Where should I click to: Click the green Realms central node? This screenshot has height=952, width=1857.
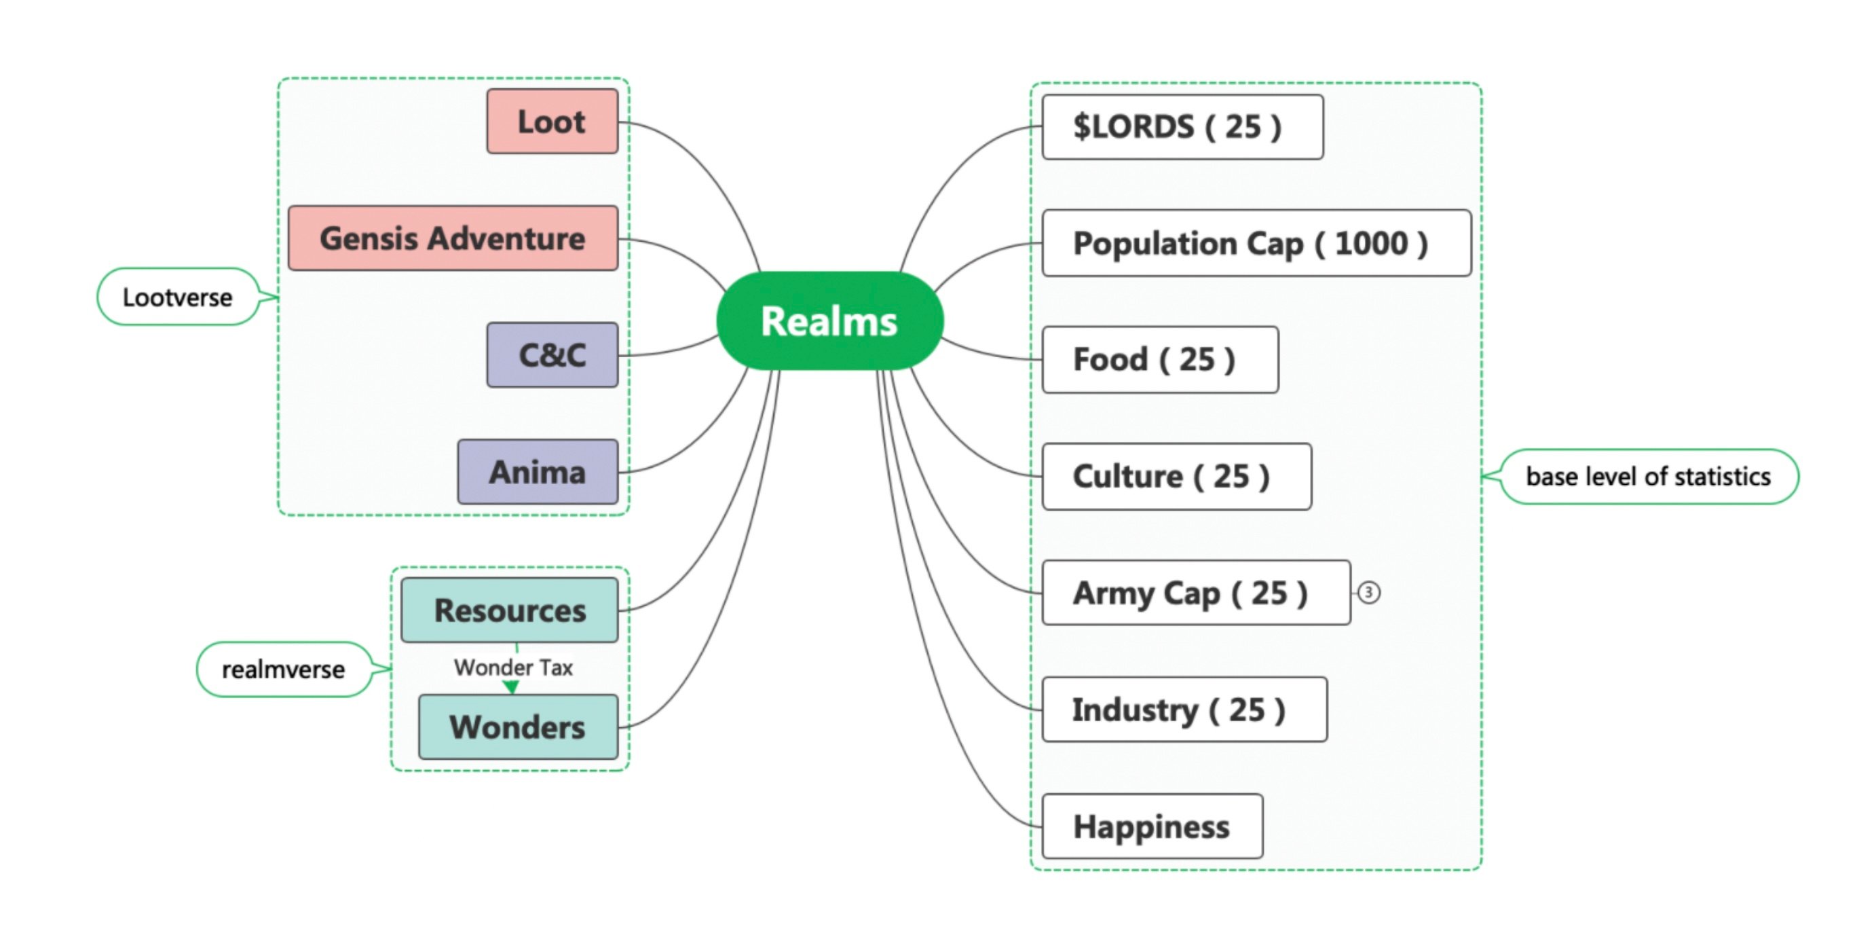[x=829, y=321]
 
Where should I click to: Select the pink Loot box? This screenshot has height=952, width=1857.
[x=552, y=121]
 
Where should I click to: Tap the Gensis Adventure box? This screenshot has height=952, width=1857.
[x=453, y=238]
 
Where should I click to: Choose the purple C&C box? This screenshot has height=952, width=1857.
[x=552, y=355]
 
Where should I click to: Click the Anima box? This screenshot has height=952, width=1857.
[x=538, y=472]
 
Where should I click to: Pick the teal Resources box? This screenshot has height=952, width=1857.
[x=510, y=610]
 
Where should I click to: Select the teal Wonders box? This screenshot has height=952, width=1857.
[x=518, y=727]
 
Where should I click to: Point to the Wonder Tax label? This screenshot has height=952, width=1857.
[x=513, y=667]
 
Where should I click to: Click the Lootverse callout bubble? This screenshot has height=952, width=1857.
[x=177, y=297]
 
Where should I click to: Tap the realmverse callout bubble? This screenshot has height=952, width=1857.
[x=283, y=670]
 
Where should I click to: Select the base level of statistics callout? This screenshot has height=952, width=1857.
[x=1648, y=476]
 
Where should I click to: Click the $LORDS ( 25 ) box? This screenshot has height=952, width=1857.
[x=1182, y=127]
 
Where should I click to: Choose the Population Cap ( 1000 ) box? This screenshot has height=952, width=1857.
[x=1256, y=243]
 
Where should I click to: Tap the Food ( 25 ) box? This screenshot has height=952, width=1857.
[x=1160, y=359]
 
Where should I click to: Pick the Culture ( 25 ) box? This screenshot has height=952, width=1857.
[x=1176, y=476]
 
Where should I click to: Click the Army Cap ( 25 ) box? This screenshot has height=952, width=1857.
[x=1195, y=593]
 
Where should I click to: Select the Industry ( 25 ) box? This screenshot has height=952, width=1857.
[x=1184, y=710]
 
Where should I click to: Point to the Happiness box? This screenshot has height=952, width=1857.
[x=1152, y=826]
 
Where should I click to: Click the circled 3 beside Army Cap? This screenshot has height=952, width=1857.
[x=1368, y=593]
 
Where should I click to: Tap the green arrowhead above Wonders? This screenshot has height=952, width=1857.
[x=512, y=687]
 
